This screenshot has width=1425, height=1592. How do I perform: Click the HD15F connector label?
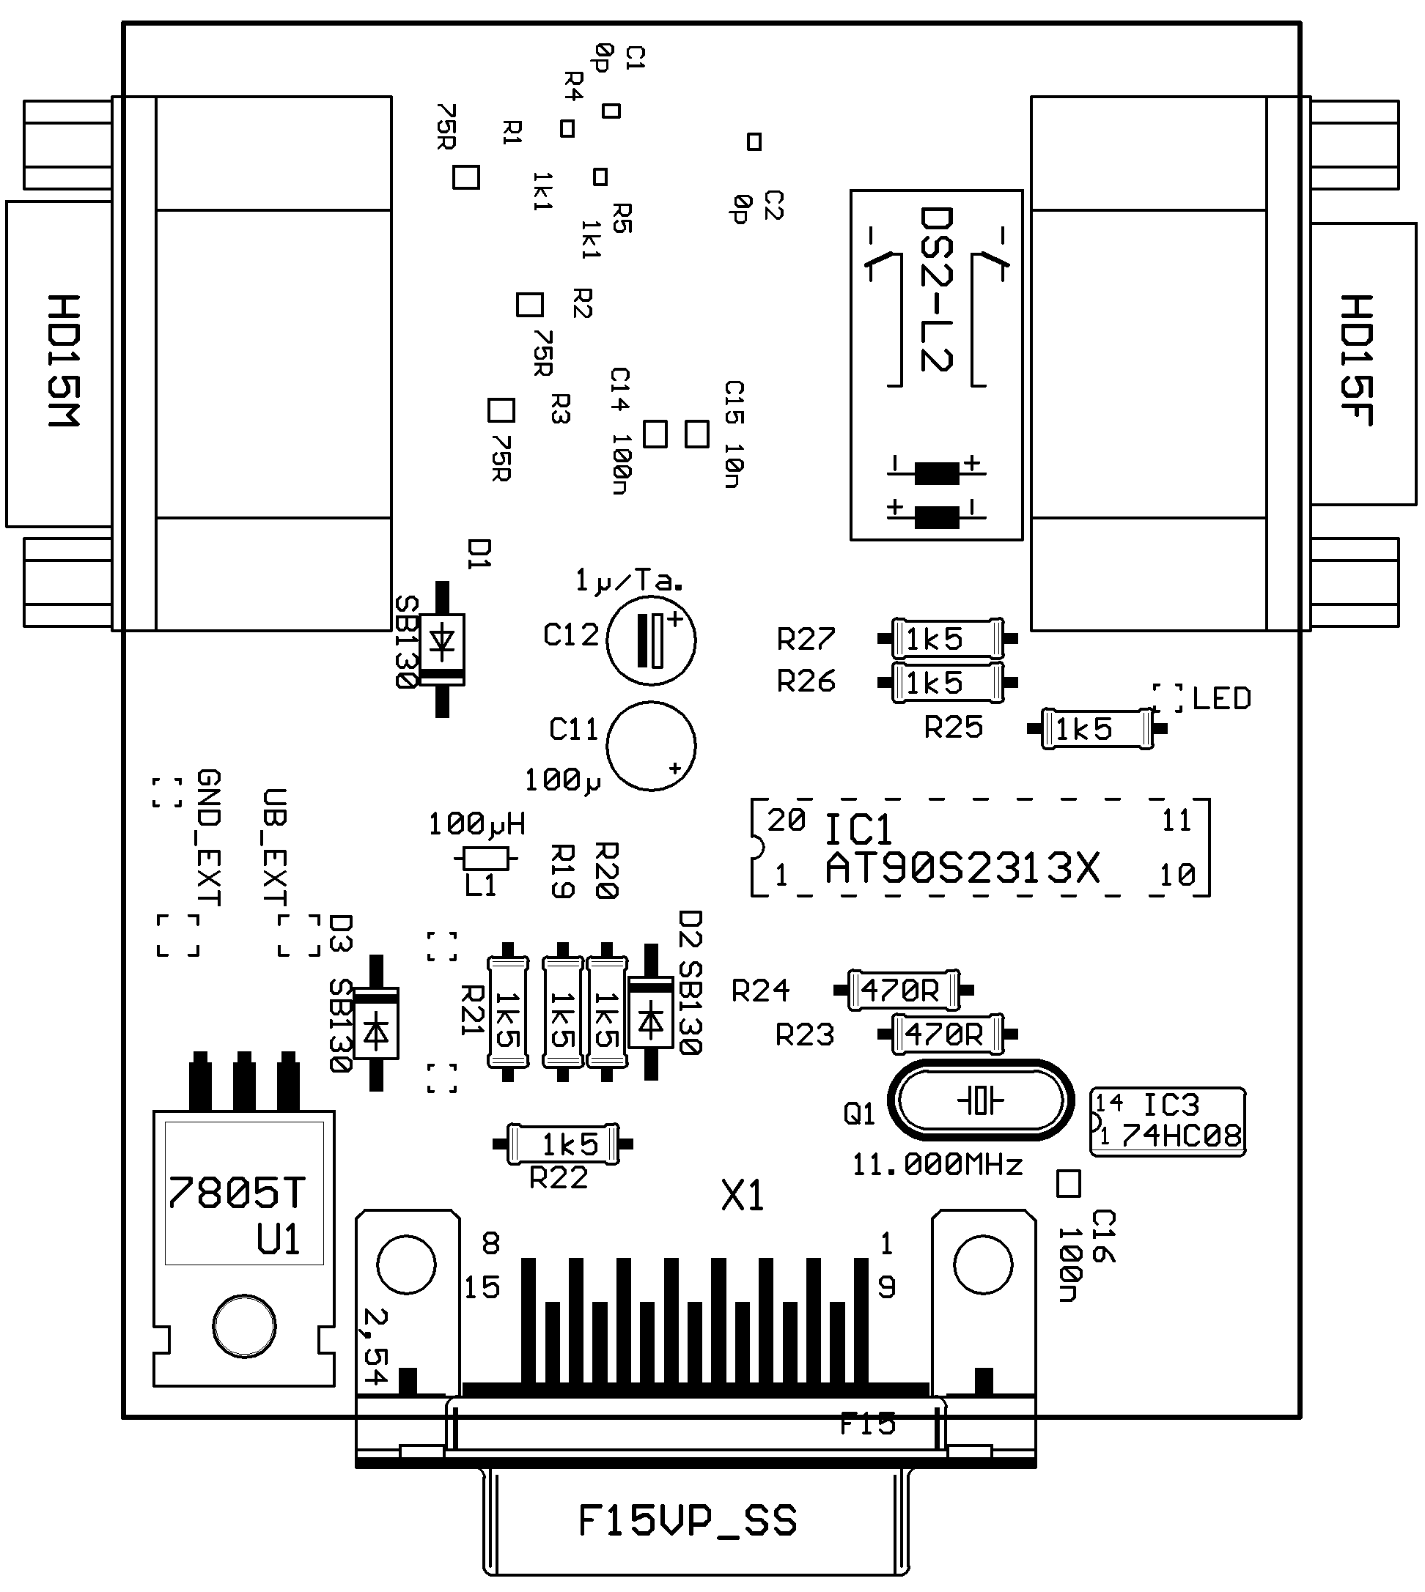click(x=1357, y=361)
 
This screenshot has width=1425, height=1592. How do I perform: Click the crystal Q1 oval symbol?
click(x=980, y=1101)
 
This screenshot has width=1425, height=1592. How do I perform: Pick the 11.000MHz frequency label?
click(x=938, y=1166)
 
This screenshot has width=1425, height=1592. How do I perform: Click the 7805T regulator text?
click(x=236, y=1193)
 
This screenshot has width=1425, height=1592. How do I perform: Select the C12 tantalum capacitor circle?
click(x=652, y=640)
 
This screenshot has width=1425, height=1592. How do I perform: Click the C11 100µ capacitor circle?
click(x=652, y=746)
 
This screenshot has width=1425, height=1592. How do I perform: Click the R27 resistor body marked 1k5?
click(x=947, y=640)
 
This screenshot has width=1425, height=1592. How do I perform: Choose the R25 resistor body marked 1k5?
click(x=1097, y=730)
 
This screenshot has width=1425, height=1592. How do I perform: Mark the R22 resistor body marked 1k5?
click(x=563, y=1144)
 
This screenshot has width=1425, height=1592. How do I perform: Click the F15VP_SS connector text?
click(x=688, y=1521)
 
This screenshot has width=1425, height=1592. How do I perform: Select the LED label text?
click(x=1221, y=698)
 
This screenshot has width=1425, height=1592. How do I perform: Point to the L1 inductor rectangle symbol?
click(x=485, y=859)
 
